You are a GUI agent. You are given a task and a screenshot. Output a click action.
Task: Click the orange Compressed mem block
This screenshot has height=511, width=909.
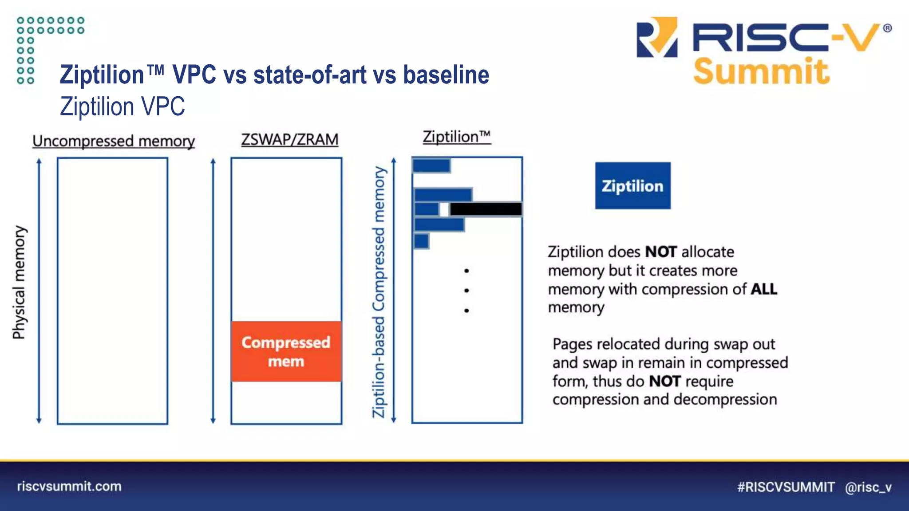(x=286, y=351)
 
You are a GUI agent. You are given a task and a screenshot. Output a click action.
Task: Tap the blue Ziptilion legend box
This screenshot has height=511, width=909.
(x=632, y=186)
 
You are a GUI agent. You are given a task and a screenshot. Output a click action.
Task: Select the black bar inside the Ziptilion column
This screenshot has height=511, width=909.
(x=486, y=209)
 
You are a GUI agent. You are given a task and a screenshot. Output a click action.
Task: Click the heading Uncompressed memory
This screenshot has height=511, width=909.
(x=114, y=141)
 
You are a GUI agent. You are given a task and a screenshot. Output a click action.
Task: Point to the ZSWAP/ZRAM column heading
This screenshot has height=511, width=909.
(x=289, y=140)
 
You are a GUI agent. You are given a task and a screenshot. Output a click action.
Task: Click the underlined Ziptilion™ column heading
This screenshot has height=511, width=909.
(x=457, y=137)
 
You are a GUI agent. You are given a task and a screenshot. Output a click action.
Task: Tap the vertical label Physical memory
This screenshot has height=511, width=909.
(x=19, y=283)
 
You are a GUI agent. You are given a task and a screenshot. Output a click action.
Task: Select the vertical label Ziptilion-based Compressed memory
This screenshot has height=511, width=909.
(x=379, y=291)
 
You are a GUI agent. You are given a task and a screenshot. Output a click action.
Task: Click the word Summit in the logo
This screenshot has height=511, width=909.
(x=761, y=72)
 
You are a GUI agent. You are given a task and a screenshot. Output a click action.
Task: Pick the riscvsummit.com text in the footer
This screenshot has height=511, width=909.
(x=69, y=486)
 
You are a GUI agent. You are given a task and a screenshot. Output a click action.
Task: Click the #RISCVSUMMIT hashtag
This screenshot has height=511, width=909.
(x=786, y=487)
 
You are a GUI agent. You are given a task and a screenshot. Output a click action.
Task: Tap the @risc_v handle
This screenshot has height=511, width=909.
(x=868, y=487)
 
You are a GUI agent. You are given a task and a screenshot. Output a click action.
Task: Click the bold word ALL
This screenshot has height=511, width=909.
(x=764, y=289)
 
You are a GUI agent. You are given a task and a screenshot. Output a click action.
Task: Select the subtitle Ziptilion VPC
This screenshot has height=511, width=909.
(x=123, y=106)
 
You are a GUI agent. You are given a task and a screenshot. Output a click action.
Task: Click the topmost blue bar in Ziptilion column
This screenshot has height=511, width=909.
(x=431, y=166)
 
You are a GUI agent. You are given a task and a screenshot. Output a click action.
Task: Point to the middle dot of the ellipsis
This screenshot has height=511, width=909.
(x=466, y=291)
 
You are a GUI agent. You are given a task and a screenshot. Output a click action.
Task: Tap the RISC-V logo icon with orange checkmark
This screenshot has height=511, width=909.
(x=657, y=37)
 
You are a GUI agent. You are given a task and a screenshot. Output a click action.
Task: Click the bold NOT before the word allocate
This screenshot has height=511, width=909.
(x=660, y=252)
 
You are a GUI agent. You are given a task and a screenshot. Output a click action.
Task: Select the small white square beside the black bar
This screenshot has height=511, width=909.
(x=444, y=209)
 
